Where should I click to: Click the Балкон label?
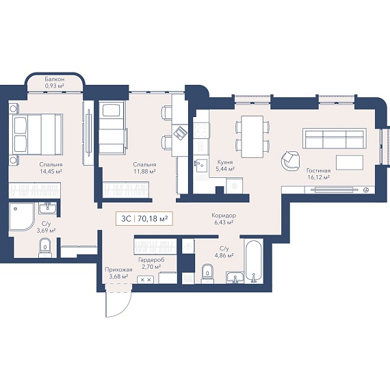pos(55,79)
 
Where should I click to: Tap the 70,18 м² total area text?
pos(153,219)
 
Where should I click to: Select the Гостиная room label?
pos(318,170)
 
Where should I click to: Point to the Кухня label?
pos(225,162)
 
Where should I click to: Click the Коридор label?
pos(224,216)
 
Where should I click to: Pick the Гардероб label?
pos(151,260)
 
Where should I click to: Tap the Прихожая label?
pos(118,270)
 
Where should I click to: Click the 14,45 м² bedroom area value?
pos(51,171)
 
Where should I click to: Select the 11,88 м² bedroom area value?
pos(144,171)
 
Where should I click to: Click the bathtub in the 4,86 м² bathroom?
pos(253,261)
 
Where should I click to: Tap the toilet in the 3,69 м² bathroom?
pos(45,248)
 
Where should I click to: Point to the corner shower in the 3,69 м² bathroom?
pos(22,217)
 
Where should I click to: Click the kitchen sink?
pos(200,166)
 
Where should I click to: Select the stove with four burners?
pos(201,131)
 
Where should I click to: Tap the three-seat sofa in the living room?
pos(335,138)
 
